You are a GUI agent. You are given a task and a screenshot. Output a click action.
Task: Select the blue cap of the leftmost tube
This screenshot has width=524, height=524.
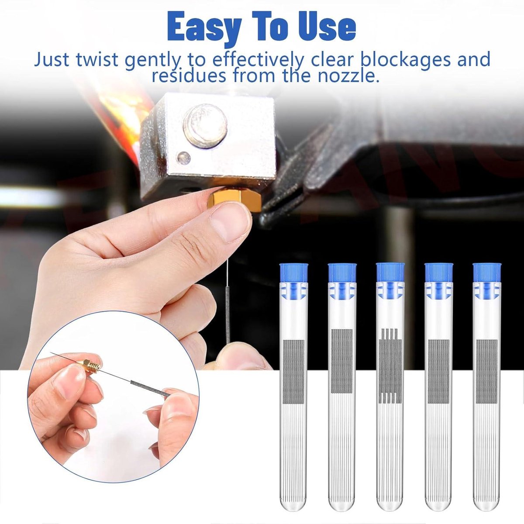click(x=294, y=273)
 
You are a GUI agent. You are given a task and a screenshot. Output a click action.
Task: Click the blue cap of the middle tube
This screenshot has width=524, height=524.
click(x=390, y=272)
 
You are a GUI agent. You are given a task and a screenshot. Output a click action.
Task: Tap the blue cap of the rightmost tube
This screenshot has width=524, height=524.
click(x=486, y=273)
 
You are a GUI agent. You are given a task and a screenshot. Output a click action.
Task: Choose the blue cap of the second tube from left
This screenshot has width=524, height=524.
click(x=342, y=273)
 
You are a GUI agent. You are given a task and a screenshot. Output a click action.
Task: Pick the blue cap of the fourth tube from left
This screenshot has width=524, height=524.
click(x=438, y=273)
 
